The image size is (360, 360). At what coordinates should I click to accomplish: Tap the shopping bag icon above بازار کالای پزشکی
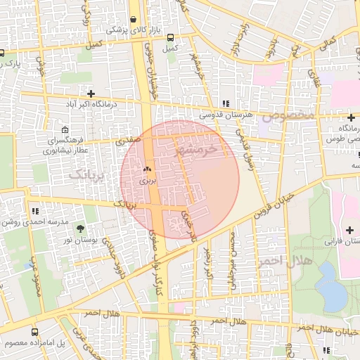click(x=134, y=19)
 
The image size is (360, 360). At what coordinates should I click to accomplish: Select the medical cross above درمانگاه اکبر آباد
click(x=91, y=94)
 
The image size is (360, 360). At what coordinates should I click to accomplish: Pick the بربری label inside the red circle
click(x=148, y=181)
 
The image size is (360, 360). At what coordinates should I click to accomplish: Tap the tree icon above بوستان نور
click(x=79, y=229)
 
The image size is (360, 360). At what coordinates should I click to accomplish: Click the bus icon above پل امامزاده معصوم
click(x=35, y=332)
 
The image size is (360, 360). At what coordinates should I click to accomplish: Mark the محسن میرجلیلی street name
click(x=233, y=255)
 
